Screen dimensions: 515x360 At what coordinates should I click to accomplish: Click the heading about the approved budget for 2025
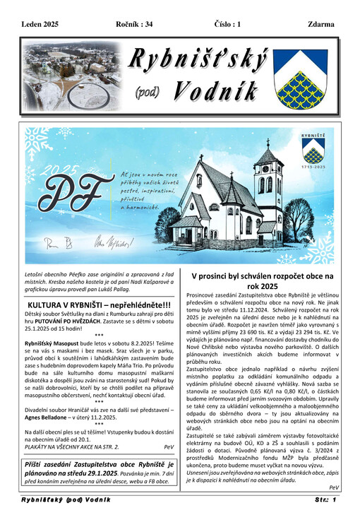264,281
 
